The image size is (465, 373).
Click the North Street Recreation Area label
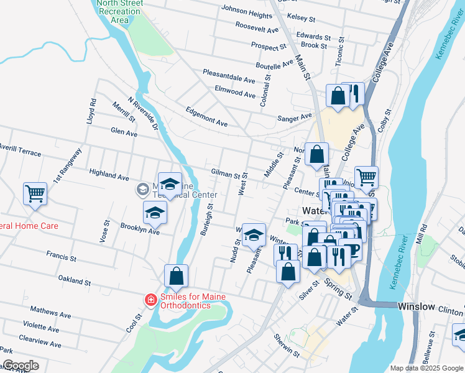point(120,12)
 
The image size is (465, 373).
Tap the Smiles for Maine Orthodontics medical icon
point(150,301)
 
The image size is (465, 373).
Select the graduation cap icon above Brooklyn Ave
point(155,213)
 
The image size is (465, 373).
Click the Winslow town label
point(416,306)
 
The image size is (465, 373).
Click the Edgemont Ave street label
point(206,117)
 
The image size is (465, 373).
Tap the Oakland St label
point(75,280)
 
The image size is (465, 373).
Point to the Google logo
point(20,366)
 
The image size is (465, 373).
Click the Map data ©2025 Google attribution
point(426,368)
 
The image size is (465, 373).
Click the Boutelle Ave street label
point(274,65)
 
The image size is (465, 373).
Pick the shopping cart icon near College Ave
point(366,177)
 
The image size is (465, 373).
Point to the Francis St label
point(61,255)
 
